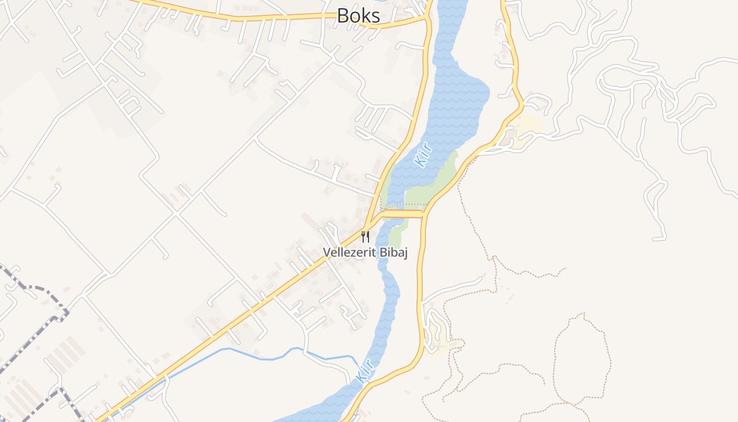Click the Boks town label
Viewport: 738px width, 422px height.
[x=358, y=15]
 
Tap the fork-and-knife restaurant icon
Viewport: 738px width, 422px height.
[x=365, y=236]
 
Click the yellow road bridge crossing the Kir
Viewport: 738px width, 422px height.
[x=403, y=214]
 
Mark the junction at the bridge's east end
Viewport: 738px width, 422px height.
[x=424, y=214]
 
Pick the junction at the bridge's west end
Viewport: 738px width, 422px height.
[x=383, y=214]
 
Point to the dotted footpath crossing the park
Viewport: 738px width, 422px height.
[x=406, y=205]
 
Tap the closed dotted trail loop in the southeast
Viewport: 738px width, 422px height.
[x=582, y=359]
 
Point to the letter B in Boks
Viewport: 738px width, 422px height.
[x=343, y=15]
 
